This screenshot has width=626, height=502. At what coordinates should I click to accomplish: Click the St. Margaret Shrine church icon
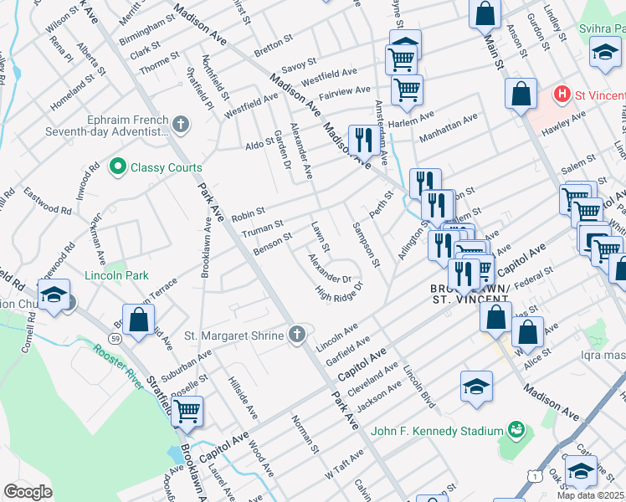296,335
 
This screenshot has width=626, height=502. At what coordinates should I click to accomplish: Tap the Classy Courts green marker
118,167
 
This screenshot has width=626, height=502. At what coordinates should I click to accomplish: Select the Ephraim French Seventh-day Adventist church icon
181,125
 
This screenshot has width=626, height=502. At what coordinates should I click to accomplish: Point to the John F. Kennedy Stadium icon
516,431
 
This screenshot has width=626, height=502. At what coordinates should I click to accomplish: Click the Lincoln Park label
116,274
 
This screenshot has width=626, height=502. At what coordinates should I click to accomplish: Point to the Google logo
28,492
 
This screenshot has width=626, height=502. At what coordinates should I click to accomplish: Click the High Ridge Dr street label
339,295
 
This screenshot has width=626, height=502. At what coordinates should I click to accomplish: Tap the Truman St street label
262,227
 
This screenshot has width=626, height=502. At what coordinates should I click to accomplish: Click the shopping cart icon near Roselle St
187,410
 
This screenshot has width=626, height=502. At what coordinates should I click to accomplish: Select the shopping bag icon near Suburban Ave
138,319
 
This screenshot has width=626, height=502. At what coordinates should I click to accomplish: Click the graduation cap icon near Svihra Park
604,54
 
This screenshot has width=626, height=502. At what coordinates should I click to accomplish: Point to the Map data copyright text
591,494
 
